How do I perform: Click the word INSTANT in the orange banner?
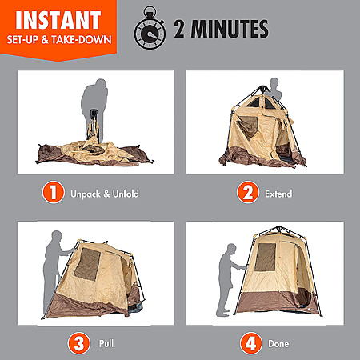[x=58, y=20]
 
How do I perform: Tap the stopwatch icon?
[x=150, y=29]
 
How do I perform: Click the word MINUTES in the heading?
[x=230, y=29]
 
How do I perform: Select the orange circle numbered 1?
[x=54, y=192]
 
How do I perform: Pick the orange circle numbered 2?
[x=248, y=192]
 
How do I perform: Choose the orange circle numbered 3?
[x=78, y=343]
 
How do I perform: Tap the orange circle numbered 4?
[x=250, y=343]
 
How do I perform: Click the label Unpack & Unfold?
[x=105, y=194]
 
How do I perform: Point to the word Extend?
[x=278, y=194]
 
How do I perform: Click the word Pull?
[x=106, y=343]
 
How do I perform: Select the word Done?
[x=278, y=343]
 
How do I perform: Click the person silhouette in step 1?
[x=94, y=106]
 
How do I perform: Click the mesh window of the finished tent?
[x=265, y=257]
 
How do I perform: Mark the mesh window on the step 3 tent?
[x=87, y=264]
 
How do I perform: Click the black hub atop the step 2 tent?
[x=263, y=88]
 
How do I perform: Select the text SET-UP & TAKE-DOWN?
[x=59, y=40]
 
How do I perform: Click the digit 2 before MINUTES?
[x=179, y=29]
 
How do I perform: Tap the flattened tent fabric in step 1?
[x=94, y=154]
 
